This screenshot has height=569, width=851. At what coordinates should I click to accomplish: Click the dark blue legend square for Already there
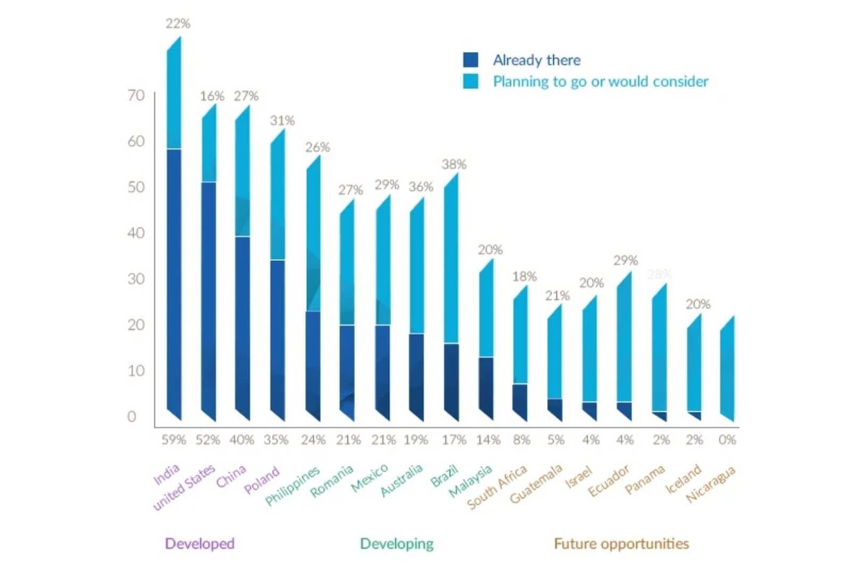pyautogui.click(x=470, y=60)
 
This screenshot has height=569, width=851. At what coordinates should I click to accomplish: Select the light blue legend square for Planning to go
pyautogui.click(x=470, y=81)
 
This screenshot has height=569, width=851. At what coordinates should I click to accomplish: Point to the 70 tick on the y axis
pyautogui.click(x=136, y=95)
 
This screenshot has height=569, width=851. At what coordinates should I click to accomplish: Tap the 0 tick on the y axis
pyautogui.click(x=132, y=417)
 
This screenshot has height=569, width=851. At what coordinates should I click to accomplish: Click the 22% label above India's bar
pyautogui.click(x=178, y=23)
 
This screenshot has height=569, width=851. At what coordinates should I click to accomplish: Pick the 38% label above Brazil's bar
pyautogui.click(x=454, y=164)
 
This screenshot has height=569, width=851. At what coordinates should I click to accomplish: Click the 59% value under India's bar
pyautogui.click(x=174, y=440)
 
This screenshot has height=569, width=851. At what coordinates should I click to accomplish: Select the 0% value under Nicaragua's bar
pyautogui.click(x=727, y=440)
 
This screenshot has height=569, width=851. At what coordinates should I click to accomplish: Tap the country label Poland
pyautogui.click(x=262, y=480)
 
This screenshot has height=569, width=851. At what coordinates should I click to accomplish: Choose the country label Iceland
pyautogui.click(x=683, y=479)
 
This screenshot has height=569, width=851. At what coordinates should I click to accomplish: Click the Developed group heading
pyautogui.click(x=199, y=543)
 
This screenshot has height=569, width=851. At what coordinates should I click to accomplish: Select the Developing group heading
pyautogui.click(x=397, y=543)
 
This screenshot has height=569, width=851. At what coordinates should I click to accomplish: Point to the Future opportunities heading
pyautogui.click(x=621, y=543)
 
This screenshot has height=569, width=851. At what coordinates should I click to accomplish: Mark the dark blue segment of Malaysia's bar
pyautogui.click(x=486, y=386)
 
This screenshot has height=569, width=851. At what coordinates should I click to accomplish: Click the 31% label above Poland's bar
pyautogui.click(x=282, y=121)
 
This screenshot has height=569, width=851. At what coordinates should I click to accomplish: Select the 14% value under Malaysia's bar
pyautogui.click(x=488, y=440)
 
